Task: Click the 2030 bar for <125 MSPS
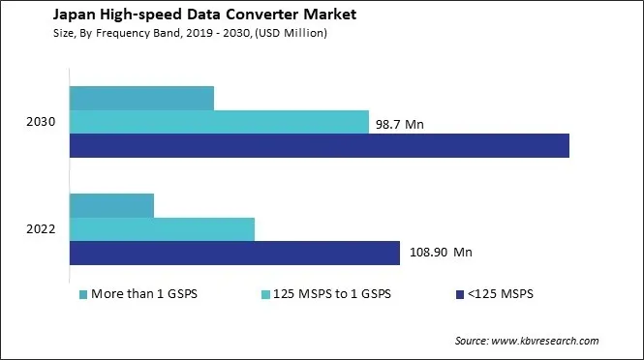(x=319, y=145)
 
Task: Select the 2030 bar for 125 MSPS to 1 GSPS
(x=219, y=122)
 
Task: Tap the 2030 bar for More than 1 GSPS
(x=141, y=98)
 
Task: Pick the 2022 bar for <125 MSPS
(x=234, y=253)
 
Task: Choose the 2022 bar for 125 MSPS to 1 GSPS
(x=162, y=229)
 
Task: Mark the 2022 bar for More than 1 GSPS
(x=111, y=205)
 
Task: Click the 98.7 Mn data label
(x=399, y=124)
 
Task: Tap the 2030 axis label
(x=42, y=122)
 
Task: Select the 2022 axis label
(x=42, y=229)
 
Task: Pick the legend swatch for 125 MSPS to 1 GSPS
(x=266, y=293)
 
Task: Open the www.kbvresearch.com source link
(x=545, y=341)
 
